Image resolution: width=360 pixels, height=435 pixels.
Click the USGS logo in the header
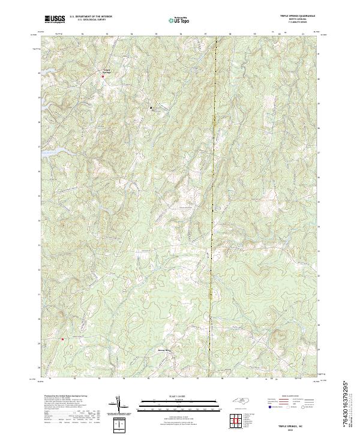(54, 20)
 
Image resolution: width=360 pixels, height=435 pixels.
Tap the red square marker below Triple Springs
(103, 77)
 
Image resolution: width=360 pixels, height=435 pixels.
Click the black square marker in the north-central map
(151, 107)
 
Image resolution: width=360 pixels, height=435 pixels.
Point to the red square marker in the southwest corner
(62, 339)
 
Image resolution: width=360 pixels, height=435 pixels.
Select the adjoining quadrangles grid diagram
(235, 422)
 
